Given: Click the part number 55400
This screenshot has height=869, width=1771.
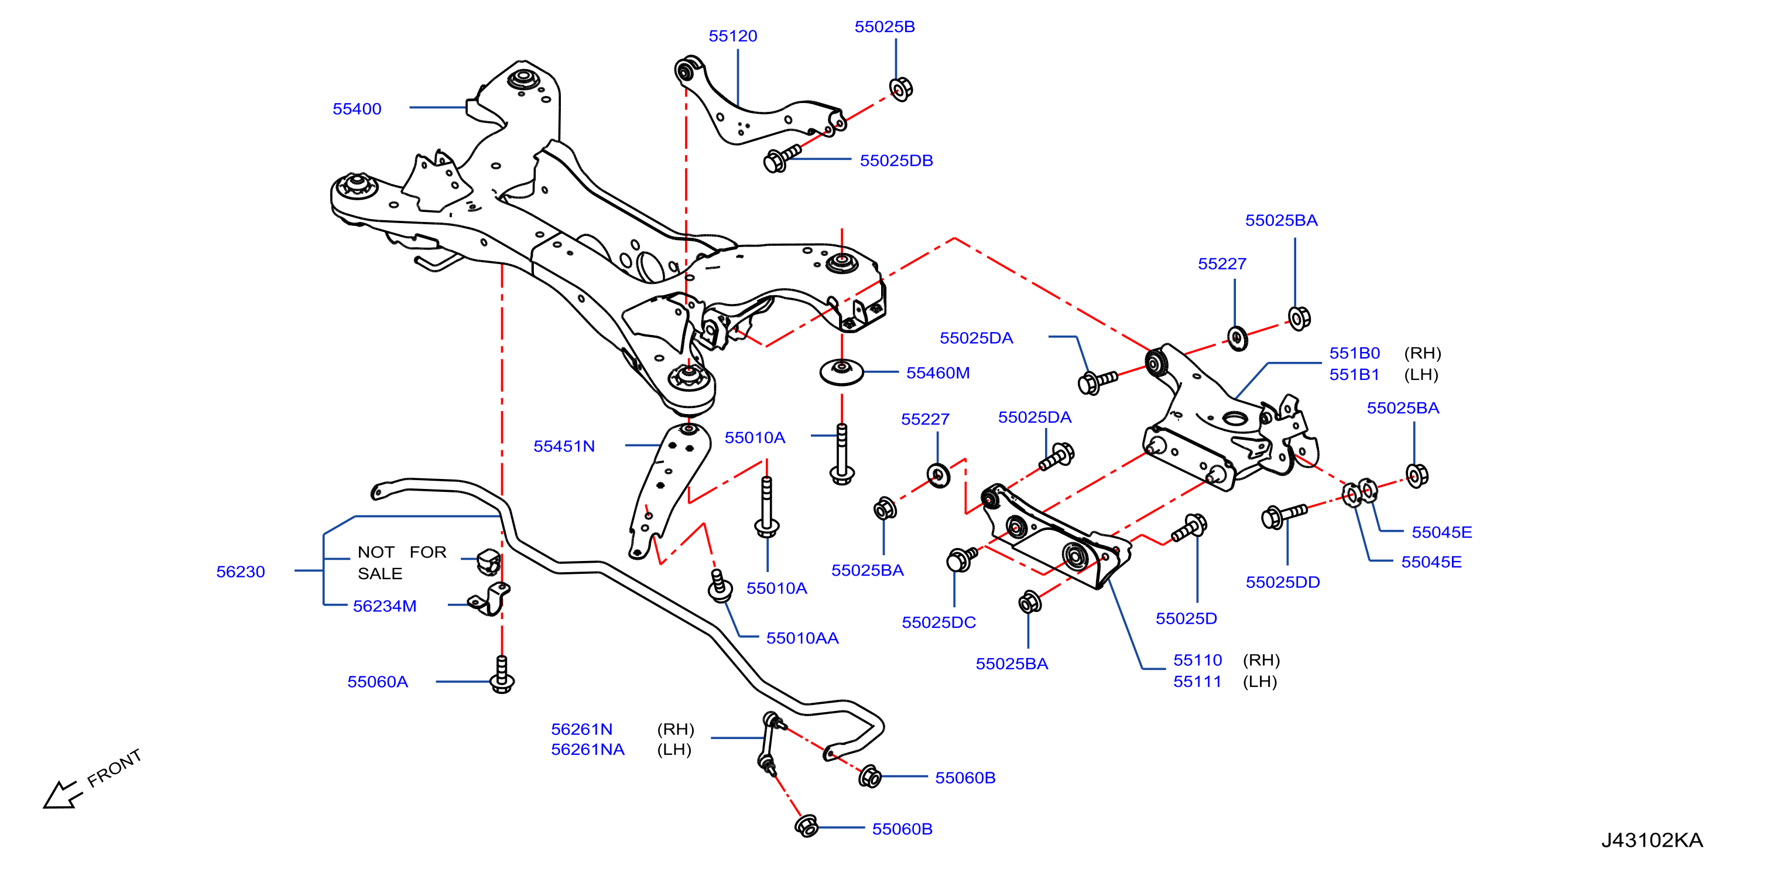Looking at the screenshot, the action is point(357,109).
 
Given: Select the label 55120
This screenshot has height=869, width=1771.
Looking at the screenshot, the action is point(733,36).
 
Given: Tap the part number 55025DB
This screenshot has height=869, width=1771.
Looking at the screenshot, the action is point(896,160).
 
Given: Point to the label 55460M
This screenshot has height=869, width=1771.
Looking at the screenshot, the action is point(938,372).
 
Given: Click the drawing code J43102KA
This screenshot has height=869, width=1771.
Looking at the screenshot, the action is point(1652,840).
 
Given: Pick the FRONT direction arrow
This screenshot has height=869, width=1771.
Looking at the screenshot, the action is point(62,795).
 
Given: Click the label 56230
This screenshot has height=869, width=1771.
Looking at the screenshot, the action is point(241,572).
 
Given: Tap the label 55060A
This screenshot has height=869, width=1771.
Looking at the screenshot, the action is point(378,681).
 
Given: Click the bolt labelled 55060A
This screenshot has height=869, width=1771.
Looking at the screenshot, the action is point(502,675).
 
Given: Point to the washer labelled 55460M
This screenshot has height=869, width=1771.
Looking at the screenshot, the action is point(841,372).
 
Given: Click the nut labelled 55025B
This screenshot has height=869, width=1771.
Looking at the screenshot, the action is point(900,90).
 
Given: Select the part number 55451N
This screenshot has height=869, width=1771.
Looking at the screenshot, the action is point(564,446).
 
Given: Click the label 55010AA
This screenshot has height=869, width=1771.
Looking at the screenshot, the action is point(802,638).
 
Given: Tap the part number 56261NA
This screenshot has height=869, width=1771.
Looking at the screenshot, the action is point(588,750).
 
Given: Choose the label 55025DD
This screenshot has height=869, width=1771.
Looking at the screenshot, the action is point(1283,582).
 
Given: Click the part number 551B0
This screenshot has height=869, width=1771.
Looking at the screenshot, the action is point(1354,353).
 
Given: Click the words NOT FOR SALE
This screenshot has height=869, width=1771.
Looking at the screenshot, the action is point(402,562).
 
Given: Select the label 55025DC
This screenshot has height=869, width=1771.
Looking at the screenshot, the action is point(938,622).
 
